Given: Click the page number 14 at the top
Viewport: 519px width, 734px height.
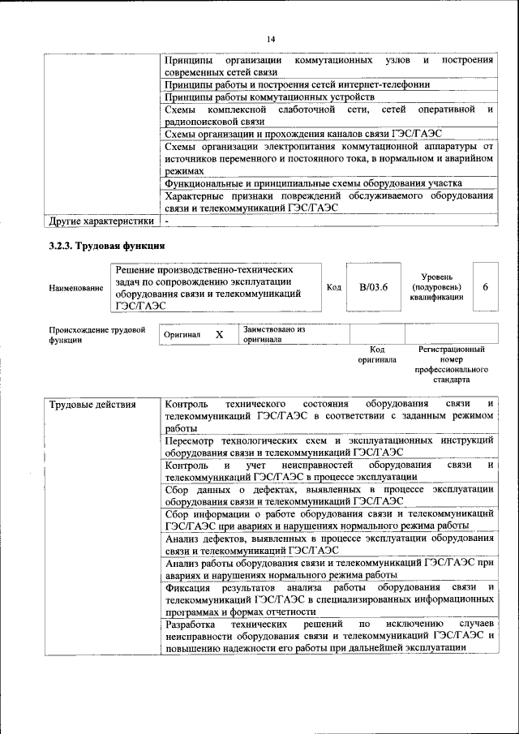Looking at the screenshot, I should [270, 39].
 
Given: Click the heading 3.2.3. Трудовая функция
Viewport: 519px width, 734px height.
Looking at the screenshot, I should [107, 246].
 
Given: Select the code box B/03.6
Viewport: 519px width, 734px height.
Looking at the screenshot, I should [374, 287].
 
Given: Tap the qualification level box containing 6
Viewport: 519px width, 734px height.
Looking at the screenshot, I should [485, 287].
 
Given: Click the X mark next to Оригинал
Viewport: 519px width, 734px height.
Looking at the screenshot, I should [219, 334].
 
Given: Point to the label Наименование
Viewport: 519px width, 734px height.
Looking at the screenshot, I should [76, 288].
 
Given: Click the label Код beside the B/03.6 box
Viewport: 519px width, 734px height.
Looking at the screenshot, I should [333, 287].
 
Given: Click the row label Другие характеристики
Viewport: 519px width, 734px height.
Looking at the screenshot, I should [101, 221].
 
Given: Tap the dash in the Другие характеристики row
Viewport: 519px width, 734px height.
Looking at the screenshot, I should [166, 221].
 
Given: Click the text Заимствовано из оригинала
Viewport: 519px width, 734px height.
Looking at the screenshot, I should [274, 335].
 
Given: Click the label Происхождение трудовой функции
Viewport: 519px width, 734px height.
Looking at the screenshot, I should [97, 335].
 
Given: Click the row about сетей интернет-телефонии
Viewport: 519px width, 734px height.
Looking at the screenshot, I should [296, 84].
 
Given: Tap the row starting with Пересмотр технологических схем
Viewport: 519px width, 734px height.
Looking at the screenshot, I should [328, 445].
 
